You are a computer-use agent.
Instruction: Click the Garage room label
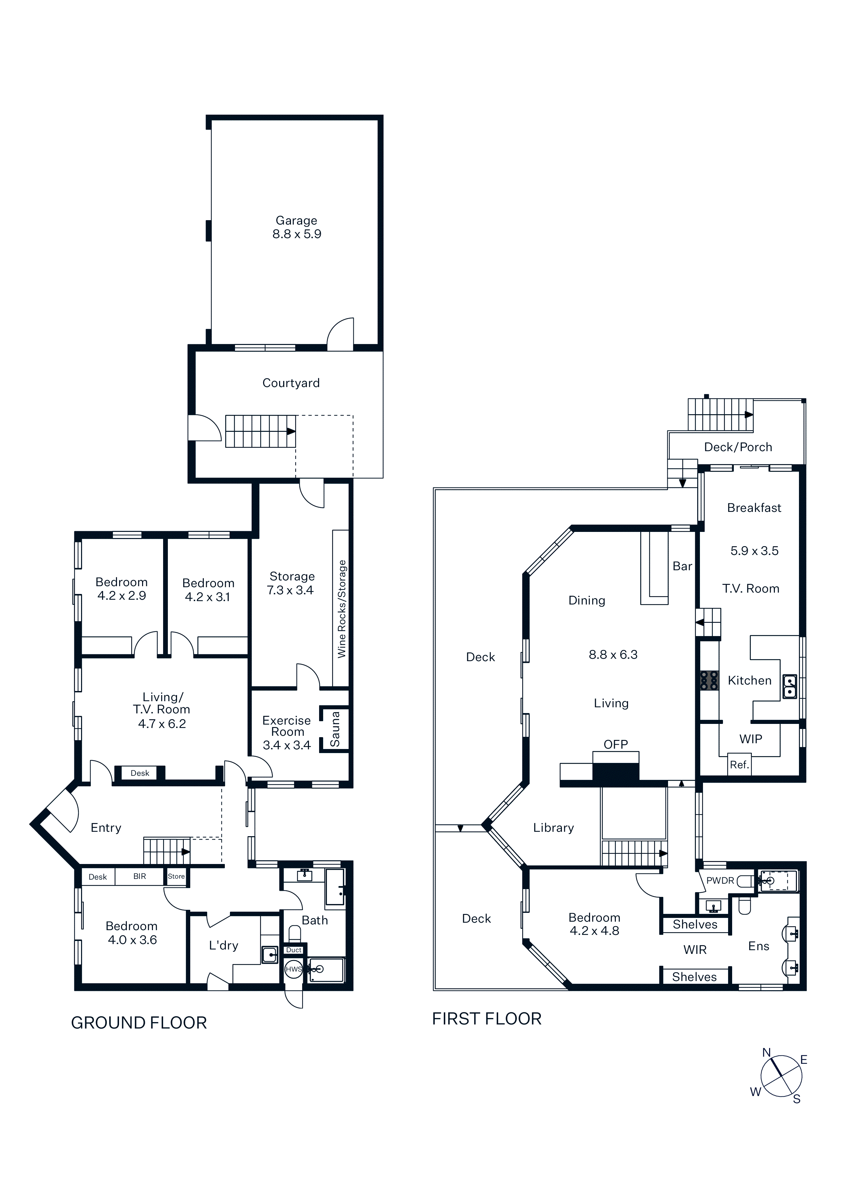296,221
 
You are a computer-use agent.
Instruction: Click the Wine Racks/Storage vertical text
341,609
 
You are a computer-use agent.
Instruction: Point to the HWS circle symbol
294,969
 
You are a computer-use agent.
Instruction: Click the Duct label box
294,950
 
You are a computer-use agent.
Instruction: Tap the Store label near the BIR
176,877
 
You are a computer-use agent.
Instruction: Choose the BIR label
139,877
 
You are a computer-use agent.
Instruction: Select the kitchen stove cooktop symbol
709,680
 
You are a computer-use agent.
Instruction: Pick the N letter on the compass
766,1053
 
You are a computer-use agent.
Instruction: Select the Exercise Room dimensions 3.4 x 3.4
287,745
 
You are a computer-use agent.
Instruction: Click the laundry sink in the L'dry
270,955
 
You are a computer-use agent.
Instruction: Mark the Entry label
106,828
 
